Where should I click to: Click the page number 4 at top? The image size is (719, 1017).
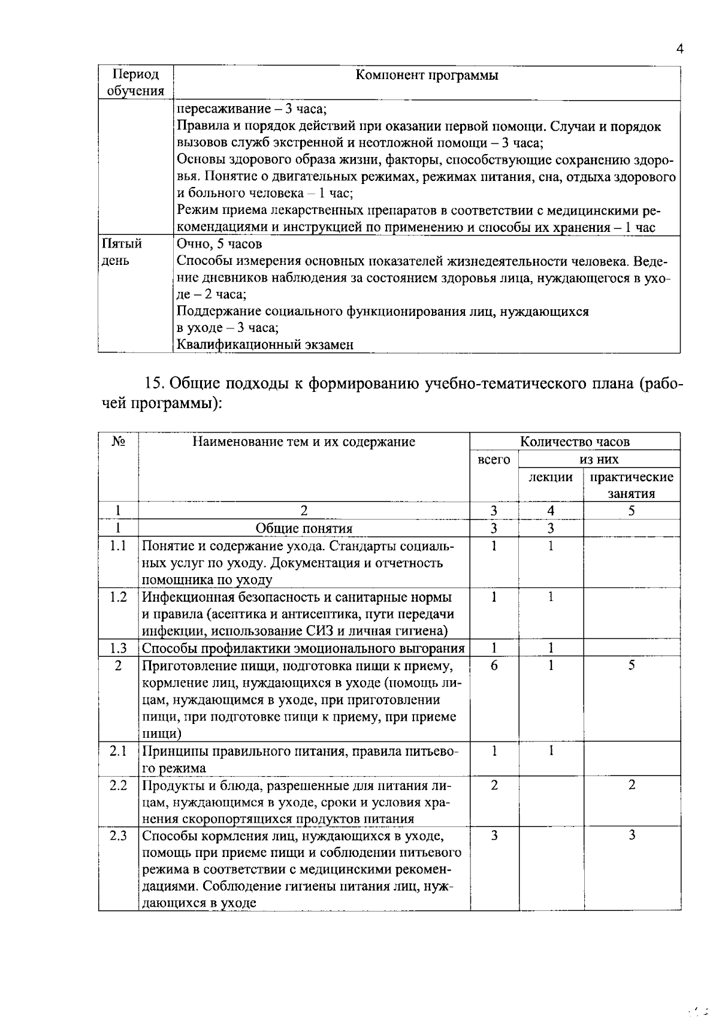(x=679, y=50)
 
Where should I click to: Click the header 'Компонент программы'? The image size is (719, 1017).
(x=427, y=76)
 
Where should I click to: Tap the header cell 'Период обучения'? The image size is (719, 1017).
(x=135, y=83)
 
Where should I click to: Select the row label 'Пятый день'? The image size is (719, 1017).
(x=122, y=252)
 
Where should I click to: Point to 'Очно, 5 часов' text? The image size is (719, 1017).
(x=219, y=244)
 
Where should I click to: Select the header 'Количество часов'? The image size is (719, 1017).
(x=575, y=442)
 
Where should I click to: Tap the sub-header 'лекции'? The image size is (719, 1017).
(x=550, y=477)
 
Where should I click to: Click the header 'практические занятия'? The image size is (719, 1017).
(x=632, y=485)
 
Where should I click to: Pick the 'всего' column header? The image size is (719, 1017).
(x=494, y=460)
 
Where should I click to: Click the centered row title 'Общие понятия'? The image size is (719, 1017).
(x=304, y=528)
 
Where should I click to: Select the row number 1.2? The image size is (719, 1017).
(x=119, y=597)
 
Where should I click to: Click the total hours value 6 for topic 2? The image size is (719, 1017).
(x=494, y=665)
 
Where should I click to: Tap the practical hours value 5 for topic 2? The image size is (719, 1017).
(x=632, y=665)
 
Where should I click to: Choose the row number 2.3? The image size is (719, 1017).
(x=119, y=835)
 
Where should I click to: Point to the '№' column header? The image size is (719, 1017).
(x=119, y=442)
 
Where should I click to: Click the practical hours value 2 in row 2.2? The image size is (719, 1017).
(x=632, y=785)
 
